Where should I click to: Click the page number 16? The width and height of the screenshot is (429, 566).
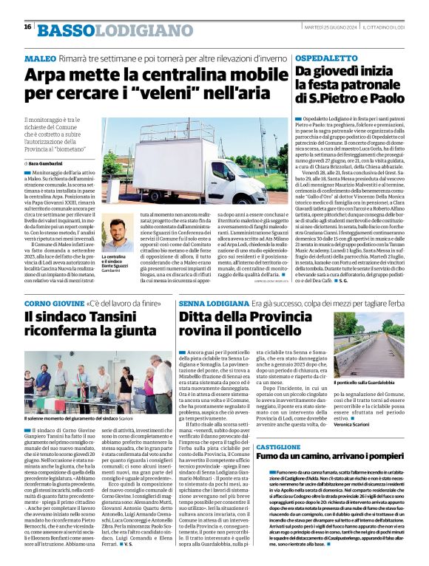pos(28,27)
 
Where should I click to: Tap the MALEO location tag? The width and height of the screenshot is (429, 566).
pos(40,58)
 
